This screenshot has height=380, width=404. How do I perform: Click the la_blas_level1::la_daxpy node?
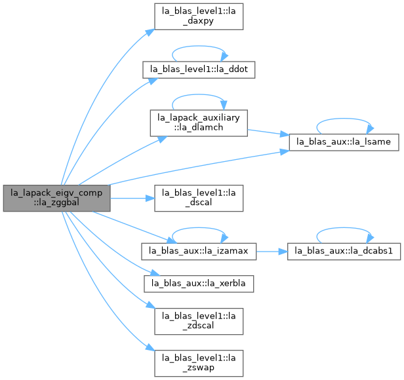[199, 16]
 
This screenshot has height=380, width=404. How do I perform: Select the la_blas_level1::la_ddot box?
[199, 69]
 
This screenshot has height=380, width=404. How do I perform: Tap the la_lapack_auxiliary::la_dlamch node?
[199, 123]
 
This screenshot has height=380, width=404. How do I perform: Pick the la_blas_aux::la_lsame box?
[344, 142]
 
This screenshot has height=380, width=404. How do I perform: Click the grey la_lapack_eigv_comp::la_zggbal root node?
[56, 199]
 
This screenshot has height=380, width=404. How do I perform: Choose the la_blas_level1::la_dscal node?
[199, 199]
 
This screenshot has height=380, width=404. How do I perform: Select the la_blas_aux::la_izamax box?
[199, 252]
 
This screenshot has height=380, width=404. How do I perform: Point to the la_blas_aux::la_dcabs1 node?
[344, 252]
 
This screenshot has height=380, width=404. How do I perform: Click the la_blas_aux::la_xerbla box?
[199, 284]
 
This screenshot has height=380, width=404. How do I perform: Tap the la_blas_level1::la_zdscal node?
[199, 321]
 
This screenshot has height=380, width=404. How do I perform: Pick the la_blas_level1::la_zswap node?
[199, 363]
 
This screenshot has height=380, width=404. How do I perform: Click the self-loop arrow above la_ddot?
[198, 47]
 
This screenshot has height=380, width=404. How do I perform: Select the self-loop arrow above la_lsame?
[344, 119]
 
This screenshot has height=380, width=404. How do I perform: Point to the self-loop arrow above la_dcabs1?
[344, 228]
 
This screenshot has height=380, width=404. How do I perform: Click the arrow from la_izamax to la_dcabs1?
[272, 252]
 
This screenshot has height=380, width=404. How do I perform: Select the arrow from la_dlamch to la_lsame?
[268, 132]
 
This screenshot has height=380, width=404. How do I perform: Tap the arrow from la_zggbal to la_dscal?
[132, 199]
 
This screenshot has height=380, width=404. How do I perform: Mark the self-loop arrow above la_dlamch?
[198, 95]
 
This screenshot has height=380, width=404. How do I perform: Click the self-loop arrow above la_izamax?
[198, 228]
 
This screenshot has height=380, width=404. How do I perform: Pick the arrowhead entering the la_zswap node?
[150, 347]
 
